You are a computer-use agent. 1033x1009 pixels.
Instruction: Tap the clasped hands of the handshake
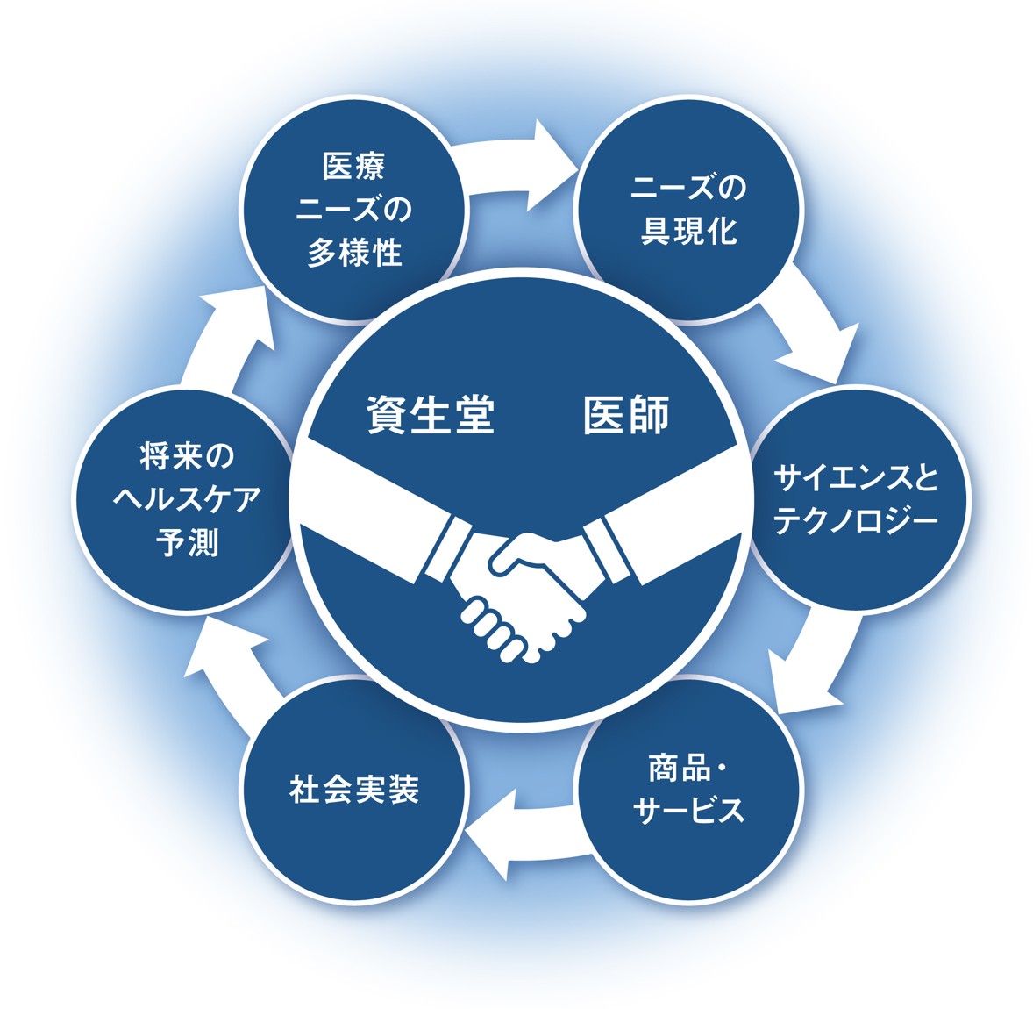[x=524, y=597]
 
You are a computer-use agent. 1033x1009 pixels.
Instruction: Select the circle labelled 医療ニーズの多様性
[x=354, y=211]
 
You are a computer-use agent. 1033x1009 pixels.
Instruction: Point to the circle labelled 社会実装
[x=354, y=790]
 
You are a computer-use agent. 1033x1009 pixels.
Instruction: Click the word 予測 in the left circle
[x=188, y=543]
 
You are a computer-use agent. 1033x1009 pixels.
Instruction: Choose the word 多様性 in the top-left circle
[x=354, y=253]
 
